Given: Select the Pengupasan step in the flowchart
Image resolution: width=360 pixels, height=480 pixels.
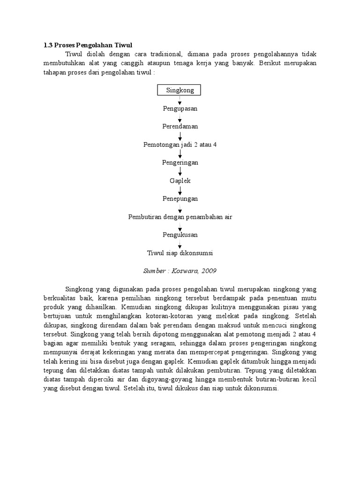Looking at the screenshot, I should pos(180,108).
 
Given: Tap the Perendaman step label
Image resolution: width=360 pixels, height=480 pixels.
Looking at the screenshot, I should pos(180,127).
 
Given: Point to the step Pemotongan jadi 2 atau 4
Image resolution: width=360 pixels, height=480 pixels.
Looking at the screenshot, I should pos(180,144).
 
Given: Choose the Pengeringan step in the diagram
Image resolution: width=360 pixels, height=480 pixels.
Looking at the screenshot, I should pos(180,162).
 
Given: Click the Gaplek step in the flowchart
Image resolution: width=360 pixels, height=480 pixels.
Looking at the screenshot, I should pos(180,180).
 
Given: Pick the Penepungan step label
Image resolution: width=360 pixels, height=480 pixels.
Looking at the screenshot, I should pos(180,198).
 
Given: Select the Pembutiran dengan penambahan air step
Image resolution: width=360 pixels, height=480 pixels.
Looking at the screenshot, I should pos(180,217).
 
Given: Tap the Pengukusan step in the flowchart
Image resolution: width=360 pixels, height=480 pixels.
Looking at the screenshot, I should pos(180,235).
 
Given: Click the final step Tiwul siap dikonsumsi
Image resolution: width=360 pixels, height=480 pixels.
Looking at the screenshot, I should pos(180,253).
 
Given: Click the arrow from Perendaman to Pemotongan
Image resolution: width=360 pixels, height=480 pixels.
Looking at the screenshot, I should pos(180,135).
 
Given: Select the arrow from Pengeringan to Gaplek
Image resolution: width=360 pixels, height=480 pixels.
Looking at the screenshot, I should pos(180,172).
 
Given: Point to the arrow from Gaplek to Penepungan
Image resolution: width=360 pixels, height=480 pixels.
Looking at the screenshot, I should pos(180,189).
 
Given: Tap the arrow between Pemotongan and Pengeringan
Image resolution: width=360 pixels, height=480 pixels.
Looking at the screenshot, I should pos(180,153).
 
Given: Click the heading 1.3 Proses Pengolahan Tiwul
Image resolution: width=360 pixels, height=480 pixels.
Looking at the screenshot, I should pos(88,45).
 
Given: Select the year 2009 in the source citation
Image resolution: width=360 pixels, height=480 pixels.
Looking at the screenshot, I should pos(209,271).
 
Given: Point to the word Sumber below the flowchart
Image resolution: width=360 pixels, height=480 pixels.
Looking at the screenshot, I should pos(155,271).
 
